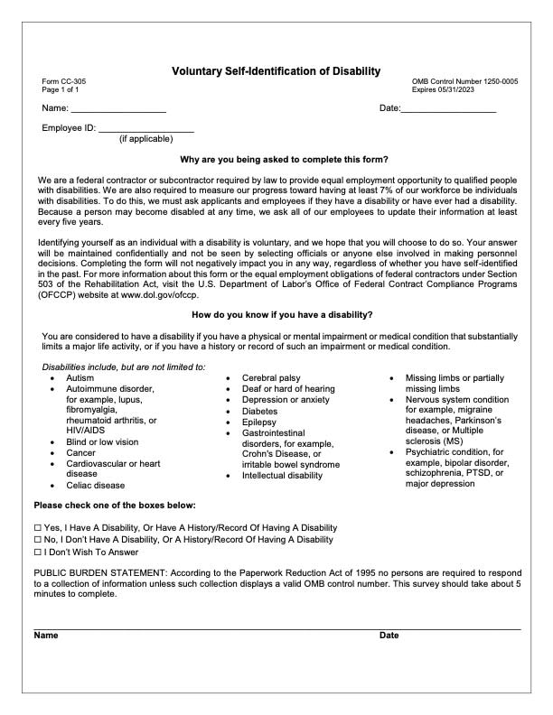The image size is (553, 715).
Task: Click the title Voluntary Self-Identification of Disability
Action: tap(276, 70)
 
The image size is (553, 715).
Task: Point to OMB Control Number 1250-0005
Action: tap(464, 82)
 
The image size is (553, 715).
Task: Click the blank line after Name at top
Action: tap(118, 109)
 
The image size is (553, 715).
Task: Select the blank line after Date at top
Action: tap(448, 109)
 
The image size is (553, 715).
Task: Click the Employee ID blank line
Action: tap(145, 129)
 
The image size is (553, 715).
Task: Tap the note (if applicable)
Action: tap(145, 140)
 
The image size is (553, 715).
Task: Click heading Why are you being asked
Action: tap(276, 159)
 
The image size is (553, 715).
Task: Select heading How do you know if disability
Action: tap(276, 314)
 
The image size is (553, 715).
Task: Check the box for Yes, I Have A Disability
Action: tap(38, 527)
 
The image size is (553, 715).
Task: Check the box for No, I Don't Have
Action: tap(38, 540)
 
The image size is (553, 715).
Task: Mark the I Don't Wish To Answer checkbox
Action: tap(38, 552)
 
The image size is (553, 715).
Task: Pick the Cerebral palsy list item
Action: tap(271, 377)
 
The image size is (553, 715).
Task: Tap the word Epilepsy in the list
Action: tap(260, 422)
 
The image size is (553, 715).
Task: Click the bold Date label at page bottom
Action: tap(389, 636)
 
